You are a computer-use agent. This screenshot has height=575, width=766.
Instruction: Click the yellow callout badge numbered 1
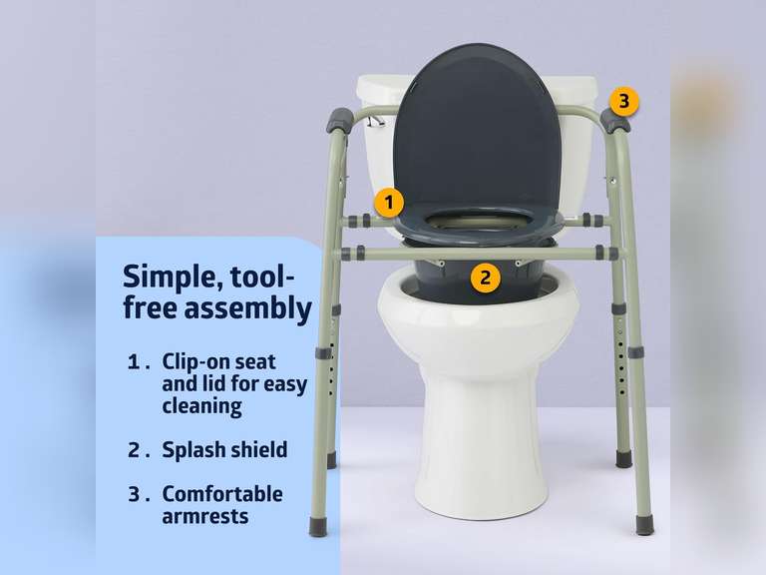pos(389,203)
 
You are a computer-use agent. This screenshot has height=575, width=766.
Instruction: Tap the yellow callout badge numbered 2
pos(485,277)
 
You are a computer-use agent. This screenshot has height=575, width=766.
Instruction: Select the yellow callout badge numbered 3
pos(623,101)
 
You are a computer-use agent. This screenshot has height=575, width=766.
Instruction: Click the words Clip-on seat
pos(218,361)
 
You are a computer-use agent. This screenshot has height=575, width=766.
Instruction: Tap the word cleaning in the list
pos(201,405)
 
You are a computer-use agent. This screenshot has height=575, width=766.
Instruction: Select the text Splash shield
pos(224,449)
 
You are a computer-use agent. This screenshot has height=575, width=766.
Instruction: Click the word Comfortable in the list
pos(222,494)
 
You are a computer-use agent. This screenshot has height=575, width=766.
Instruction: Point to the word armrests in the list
pos(204,516)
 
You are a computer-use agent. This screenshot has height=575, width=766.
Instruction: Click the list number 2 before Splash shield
pos(135,449)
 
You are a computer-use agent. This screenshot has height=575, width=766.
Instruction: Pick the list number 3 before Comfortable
pos(135,494)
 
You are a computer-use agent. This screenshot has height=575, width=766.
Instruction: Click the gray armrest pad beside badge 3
pos(614,122)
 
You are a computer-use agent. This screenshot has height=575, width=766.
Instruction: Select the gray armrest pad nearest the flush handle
pos(339,122)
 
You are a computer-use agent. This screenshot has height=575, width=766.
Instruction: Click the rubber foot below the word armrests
pos(318,526)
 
